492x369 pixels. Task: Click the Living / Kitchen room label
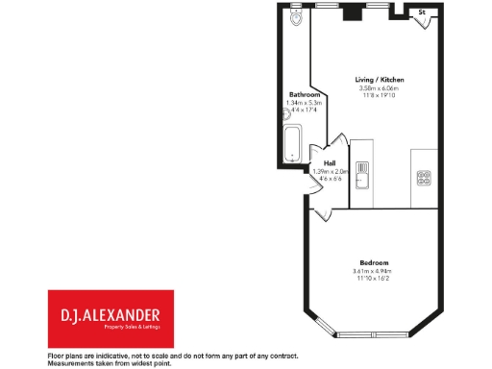point(379,79)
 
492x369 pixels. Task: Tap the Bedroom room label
point(374,262)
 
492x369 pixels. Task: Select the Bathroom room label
point(304,94)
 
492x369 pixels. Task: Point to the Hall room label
point(330,162)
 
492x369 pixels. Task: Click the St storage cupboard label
point(421,12)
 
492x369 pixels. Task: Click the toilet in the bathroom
point(296,18)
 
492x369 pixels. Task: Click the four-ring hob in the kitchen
point(423,177)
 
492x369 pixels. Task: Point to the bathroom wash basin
point(286,113)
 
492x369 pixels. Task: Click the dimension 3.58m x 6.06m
point(379,88)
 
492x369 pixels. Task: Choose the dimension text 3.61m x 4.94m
point(374,271)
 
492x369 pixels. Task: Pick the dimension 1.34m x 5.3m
point(304,103)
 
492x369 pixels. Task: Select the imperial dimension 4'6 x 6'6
point(330,180)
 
